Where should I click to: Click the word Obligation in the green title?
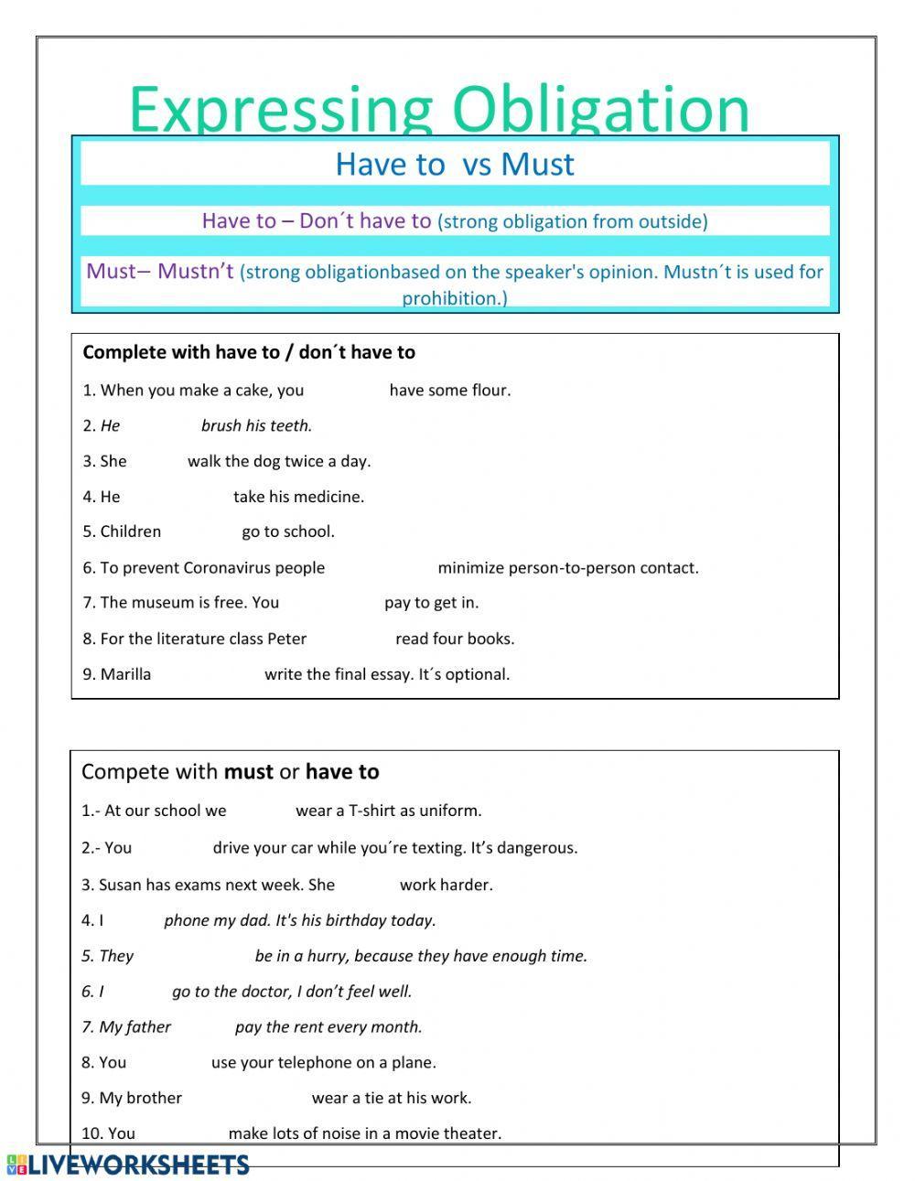[x=601, y=110]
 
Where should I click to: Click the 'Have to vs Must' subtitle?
[x=455, y=164]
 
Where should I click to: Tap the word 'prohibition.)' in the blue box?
[x=455, y=298]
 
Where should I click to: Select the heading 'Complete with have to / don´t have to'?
[x=249, y=352]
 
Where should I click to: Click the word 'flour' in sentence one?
[x=489, y=391]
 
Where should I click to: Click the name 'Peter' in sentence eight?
[x=286, y=639]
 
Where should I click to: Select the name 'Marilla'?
[x=125, y=674]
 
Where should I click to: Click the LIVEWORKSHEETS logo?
[x=128, y=1165]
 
